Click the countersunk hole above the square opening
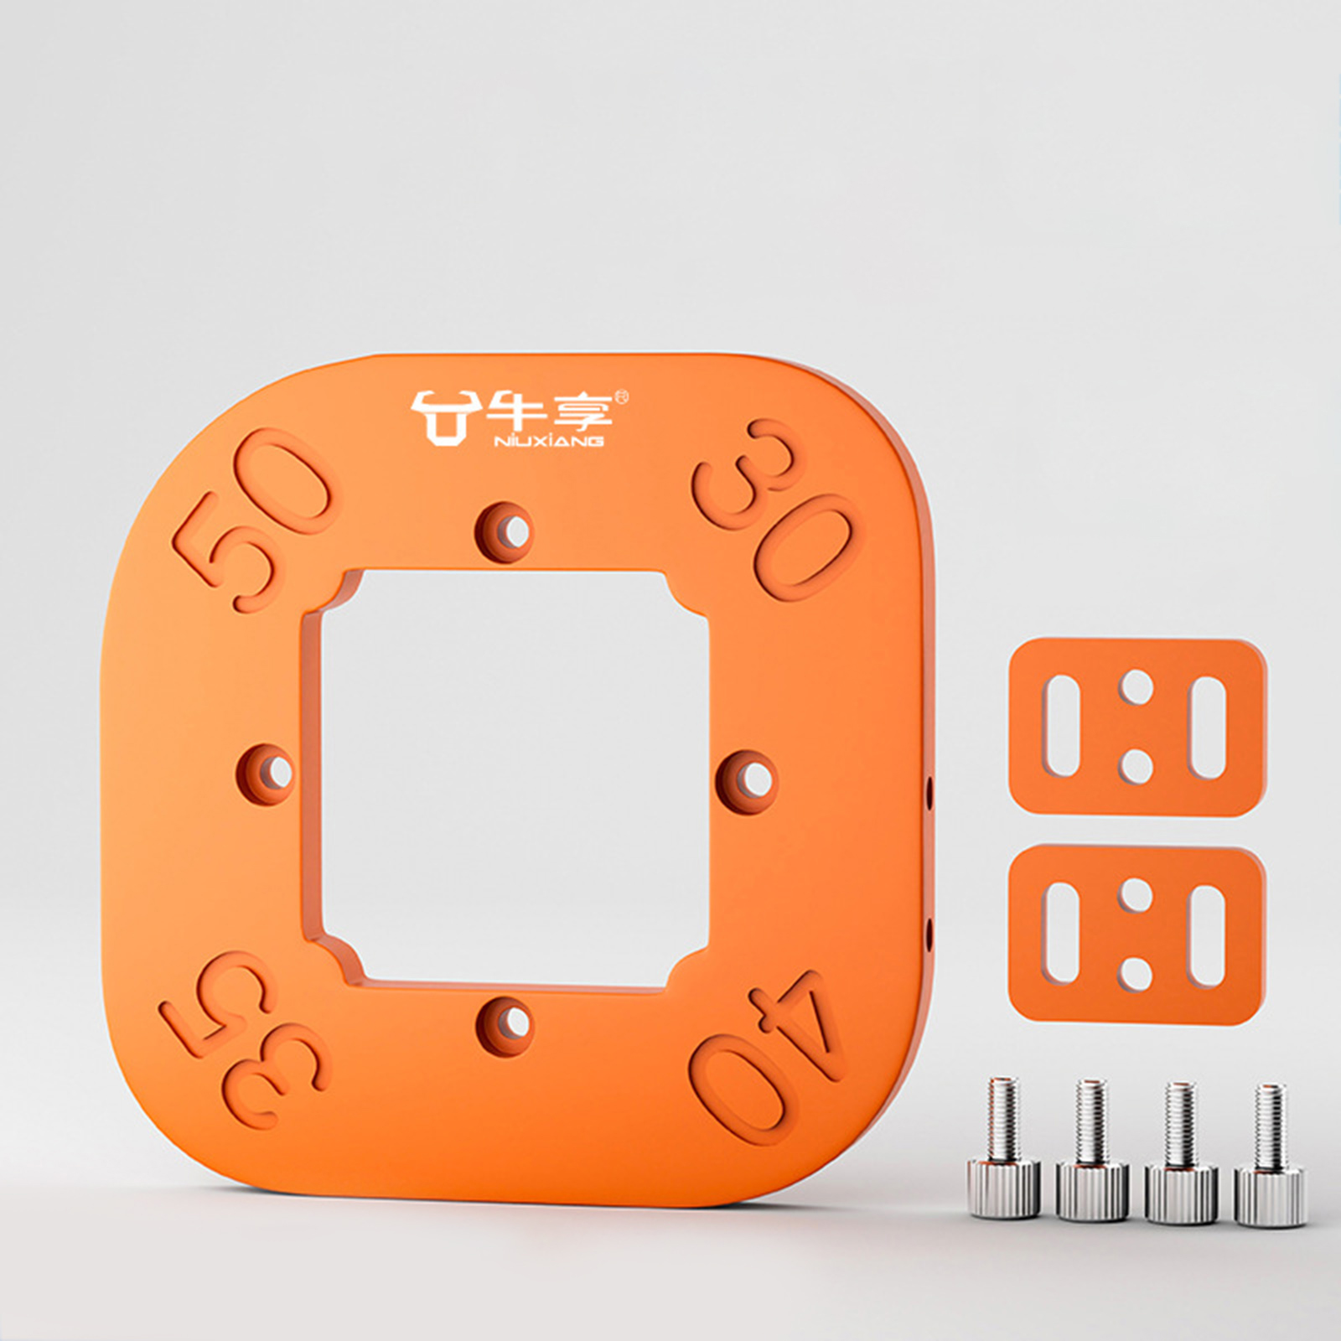click(x=506, y=531)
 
